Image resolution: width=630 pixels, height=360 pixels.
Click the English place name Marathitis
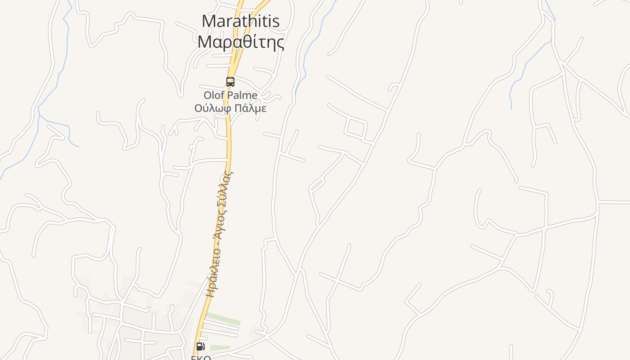tap(240, 21)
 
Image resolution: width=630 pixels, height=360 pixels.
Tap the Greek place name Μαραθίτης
tap(240, 42)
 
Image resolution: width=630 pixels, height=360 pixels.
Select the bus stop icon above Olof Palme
tap(230, 82)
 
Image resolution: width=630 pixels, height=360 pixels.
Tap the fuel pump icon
tap(200, 346)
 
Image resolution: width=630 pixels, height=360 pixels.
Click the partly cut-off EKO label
tap(201, 357)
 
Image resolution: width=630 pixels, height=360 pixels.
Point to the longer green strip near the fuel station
tap(223, 319)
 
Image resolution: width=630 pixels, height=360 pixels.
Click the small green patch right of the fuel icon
tap(220, 348)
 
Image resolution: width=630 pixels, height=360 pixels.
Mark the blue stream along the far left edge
tap(54, 90)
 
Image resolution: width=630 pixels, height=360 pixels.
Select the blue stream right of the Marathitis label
tap(310, 45)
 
